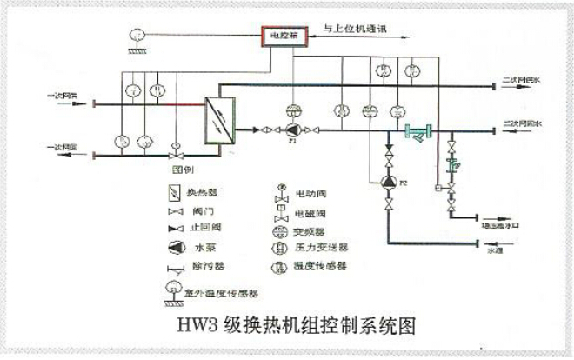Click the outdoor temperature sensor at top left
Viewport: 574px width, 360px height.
(136, 36)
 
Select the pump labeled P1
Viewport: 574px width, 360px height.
(291, 130)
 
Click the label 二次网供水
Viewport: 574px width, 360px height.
(522, 81)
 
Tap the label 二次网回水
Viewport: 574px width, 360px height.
(522, 125)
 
